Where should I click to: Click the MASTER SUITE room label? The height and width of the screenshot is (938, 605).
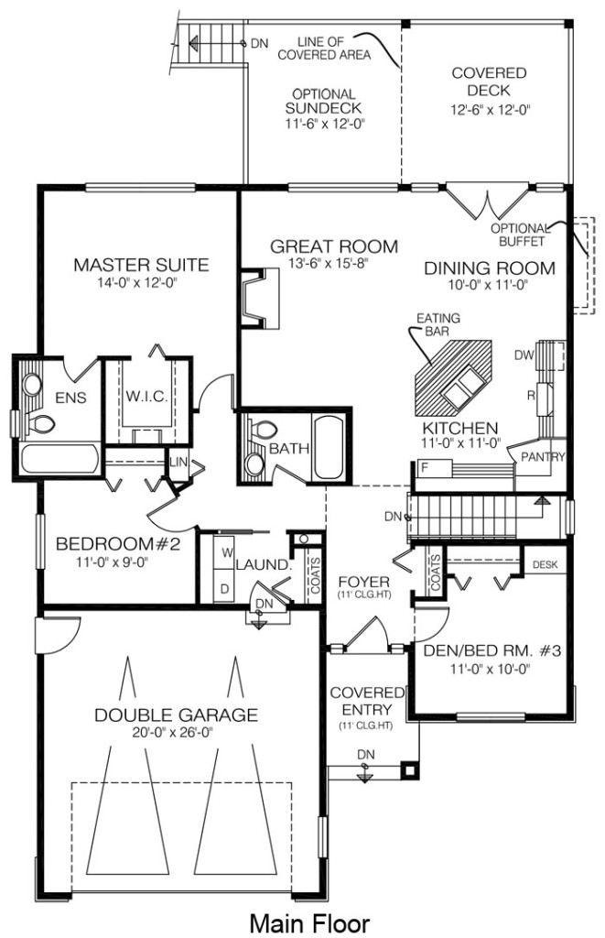coord(141,265)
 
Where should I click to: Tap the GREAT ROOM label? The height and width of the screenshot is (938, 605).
coord(333,245)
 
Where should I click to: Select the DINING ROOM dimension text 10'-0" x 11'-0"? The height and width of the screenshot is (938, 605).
coord(489,285)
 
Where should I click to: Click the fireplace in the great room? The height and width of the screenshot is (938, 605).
coord(259,298)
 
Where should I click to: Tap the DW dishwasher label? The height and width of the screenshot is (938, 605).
coord(524,355)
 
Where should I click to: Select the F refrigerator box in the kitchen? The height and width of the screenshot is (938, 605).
coord(432,468)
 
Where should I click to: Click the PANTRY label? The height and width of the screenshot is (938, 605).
coord(543,457)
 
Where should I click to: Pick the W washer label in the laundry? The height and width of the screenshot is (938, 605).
coord(227,553)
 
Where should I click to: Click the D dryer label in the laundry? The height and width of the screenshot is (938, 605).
coord(225,589)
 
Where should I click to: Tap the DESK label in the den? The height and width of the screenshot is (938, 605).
coord(545,564)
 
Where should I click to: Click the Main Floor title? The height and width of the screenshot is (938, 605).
coord(309,923)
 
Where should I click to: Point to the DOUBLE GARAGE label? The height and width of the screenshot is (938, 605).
coord(177,714)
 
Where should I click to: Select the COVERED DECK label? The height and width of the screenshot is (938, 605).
coord(489,82)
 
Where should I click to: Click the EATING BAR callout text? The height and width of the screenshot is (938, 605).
coord(438,323)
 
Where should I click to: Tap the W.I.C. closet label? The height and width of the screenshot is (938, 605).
coord(146,396)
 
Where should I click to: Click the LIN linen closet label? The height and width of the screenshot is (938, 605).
coord(178,462)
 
